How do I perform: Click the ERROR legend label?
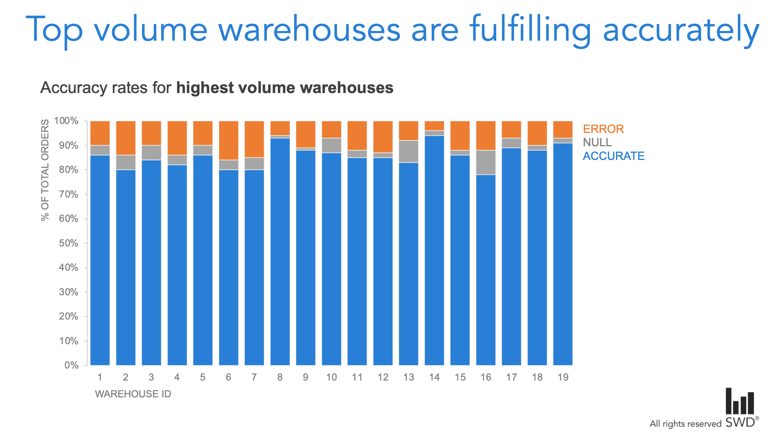click(603, 129)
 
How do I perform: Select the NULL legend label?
click(597, 142)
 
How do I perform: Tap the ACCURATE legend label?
click(613, 156)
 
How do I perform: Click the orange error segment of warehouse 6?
click(228, 140)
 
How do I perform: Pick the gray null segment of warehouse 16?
click(486, 162)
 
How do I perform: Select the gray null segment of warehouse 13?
click(408, 151)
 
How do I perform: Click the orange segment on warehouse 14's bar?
click(434, 126)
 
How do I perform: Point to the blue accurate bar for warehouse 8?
click(280, 250)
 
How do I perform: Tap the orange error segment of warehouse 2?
click(126, 138)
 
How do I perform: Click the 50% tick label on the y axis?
click(68, 243)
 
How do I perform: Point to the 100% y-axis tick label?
click(66, 121)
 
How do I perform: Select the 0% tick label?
click(71, 365)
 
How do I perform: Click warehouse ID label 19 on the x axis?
click(563, 377)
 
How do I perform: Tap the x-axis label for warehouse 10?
click(331, 377)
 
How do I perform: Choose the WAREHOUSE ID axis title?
click(133, 394)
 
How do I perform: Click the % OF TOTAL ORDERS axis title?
click(45, 170)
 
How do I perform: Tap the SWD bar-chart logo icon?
click(740, 401)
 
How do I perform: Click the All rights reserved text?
click(685, 424)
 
